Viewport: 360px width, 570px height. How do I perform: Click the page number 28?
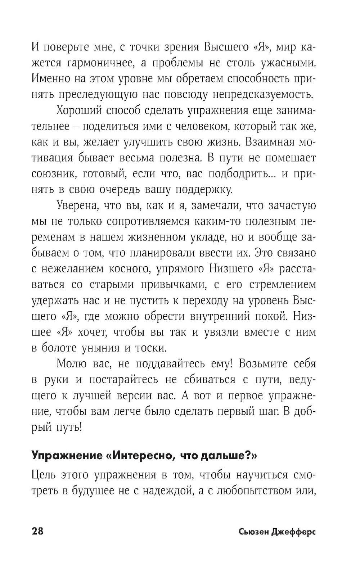point(37,531)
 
